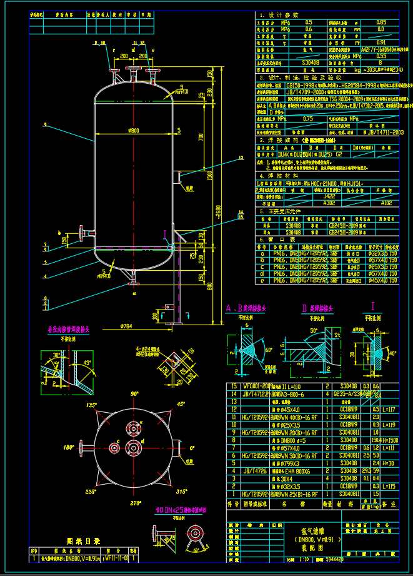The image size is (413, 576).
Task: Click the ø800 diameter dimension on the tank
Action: (132, 130)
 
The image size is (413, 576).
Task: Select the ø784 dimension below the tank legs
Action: (126, 326)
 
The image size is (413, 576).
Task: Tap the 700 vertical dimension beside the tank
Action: (202, 136)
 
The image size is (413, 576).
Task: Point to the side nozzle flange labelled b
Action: (82, 233)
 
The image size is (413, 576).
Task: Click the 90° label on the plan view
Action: (133, 393)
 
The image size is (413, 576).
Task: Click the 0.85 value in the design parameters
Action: (381, 22)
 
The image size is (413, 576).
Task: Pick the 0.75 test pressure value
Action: (307, 118)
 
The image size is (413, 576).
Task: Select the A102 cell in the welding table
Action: (386, 203)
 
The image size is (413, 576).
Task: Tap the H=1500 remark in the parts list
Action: (389, 440)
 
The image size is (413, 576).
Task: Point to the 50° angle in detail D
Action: (313, 330)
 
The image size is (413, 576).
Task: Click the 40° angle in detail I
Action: (392, 353)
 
